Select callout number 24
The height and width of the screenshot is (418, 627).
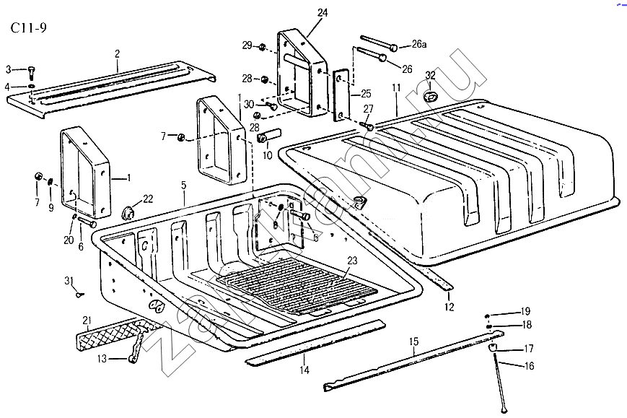322,12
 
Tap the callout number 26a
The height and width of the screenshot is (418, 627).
418,45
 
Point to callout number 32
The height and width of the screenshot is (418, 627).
430,75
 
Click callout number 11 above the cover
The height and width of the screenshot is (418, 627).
395,88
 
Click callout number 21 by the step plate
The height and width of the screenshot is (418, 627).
87,321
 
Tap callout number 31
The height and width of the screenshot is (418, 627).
69,280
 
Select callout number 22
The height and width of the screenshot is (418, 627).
148,199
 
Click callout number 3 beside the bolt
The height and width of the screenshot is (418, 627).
9,69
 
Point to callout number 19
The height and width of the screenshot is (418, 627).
525,311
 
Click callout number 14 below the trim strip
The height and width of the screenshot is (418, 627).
304,370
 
